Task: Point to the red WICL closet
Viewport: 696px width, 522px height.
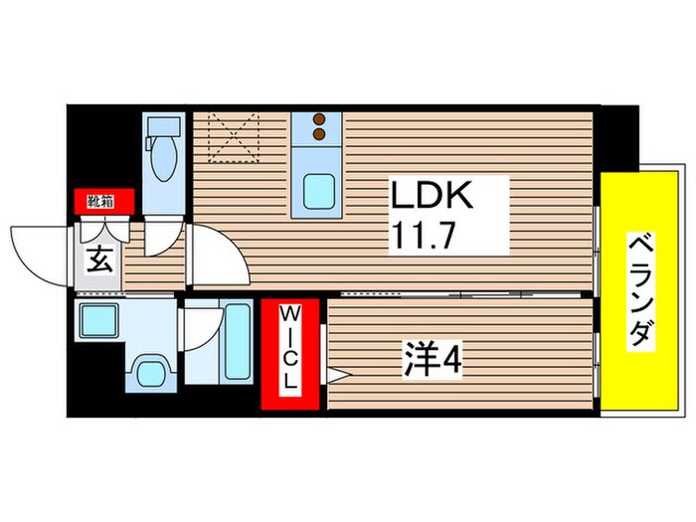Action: (x=291, y=355)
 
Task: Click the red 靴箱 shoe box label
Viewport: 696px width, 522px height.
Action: (x=99, y=202)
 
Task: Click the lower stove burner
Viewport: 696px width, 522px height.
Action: (x=319, y=133)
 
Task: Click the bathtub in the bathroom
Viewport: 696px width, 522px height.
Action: (x=238, y=344)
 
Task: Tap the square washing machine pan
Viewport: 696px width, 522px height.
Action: (x=99, y=322)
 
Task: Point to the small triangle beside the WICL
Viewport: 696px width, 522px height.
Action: (x=335, y=376)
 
